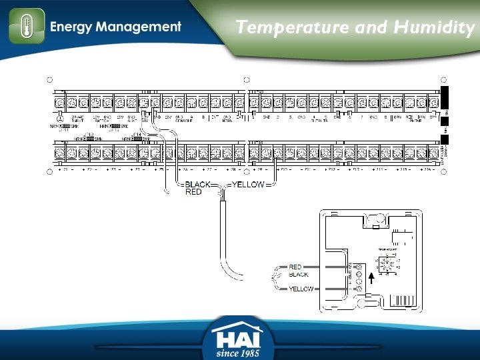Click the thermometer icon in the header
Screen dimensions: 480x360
pyautogui.click(x=27, y=27)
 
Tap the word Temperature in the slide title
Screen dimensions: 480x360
pyautogui.click(x=292, y=27)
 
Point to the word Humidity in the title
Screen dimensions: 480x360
pyautogui.click(x=433, y=27)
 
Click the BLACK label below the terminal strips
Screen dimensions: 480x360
pyautogui.click(x=197, y=185)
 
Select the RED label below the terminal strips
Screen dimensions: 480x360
pyautogui.click(x=193, y=192)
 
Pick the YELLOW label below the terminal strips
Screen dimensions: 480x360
pyautogui.click(x=248, y=185)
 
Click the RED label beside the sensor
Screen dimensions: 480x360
pyautogui.click(x=295, y=267)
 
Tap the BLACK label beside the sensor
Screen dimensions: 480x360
pyautogui.click(x=299, y=275)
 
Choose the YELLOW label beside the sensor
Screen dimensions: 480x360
pyautogui.click(x=301, y=289)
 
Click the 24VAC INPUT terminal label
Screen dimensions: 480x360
pyautogui.click(x=78, y=118)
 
